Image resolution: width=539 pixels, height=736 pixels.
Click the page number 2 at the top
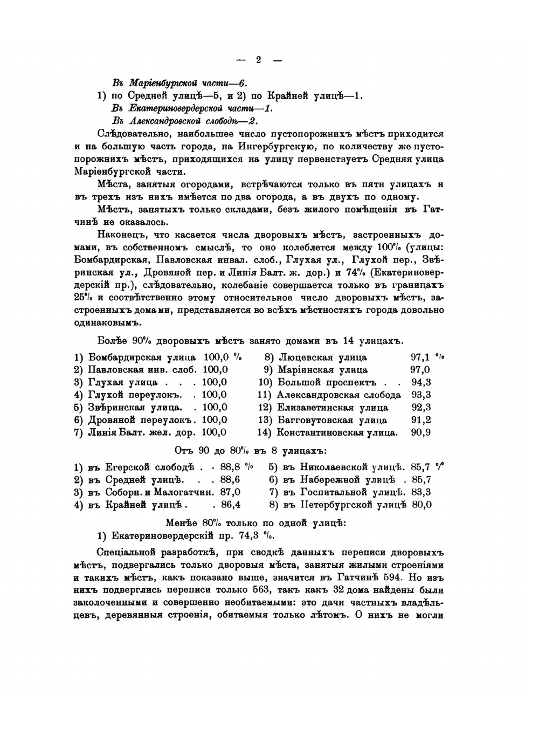(258, 60)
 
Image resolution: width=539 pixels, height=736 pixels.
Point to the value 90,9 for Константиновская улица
(420, 432)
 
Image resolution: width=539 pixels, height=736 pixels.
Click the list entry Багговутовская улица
(332, 420)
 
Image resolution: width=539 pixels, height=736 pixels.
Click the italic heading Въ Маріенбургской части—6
(179, 84)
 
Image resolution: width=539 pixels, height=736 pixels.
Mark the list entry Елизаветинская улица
(333, 408)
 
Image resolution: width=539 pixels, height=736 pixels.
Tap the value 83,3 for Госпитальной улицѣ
(421, 492)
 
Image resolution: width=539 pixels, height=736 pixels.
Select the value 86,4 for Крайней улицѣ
(230, 505)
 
